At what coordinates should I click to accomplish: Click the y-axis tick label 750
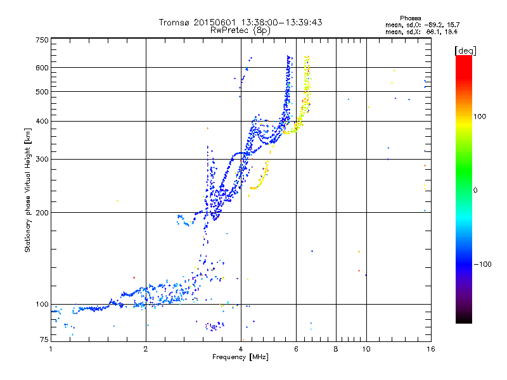[x=42, y=40]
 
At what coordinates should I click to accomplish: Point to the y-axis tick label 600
[x=42, y=68]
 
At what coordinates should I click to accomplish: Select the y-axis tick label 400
[x=42, y=121]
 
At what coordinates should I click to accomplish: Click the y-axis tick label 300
[x=42, y=159]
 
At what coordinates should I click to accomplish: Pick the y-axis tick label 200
[x=42, y=213]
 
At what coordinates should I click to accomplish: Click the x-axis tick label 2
[x=146, y=349]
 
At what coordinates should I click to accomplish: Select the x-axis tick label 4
[x=241, y=349]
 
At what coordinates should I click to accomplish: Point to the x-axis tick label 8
[x=336, y=349]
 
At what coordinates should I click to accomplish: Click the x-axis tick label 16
[x=430, y=349]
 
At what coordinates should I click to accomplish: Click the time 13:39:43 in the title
[x=302, y=22]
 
